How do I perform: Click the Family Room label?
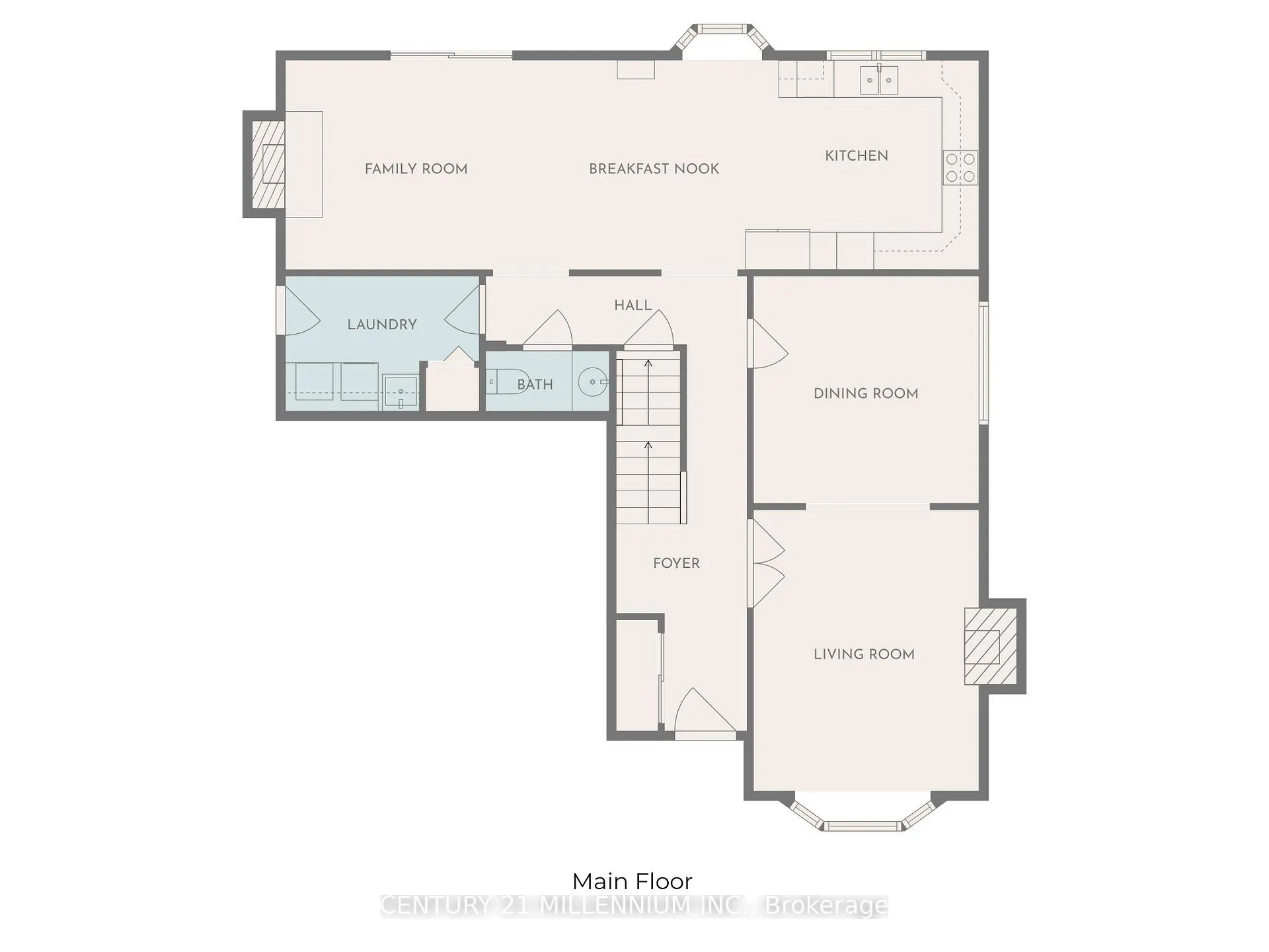pyautogui.click(x=416, y=169)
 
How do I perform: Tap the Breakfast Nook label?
pyautogui.click(x=654, y=169)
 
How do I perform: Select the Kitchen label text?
pyautogui.click(x=857, y=156)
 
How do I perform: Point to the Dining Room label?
pyautogui.click(x=866, y=394)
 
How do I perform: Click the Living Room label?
pyautogui.click(x=864, y=654)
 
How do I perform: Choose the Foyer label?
pyautogui.click(x=676, y=563)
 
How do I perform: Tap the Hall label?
pyautogui.click(x=633, y=305)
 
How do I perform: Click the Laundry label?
pyautogui.click(x=382, y=325)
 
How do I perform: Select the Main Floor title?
pyautogui.click(x=632, y=881)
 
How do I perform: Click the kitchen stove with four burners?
pyautogui.click(x=960, y=167)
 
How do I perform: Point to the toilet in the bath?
pyautogui.click(x=506, y=382)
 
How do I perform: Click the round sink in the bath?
pyautogui.click(x=592, y=382)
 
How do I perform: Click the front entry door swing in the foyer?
pyautogui.click(x=703, y=711)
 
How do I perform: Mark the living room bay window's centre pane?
pyautogui.click(x=862, y=826)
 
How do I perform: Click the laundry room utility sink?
pyautogui.click(x=401, y=392)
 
